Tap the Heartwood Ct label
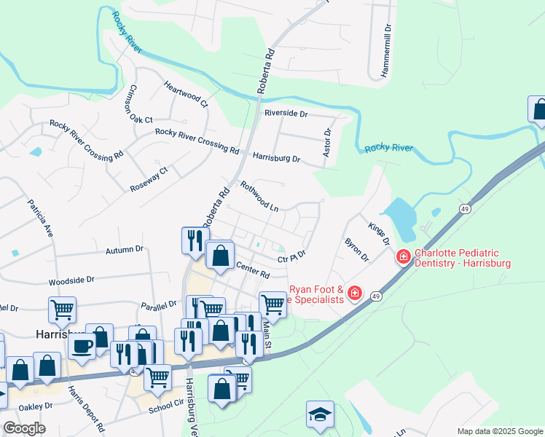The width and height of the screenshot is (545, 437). tap(186, 94)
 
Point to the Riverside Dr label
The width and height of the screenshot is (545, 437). tap(286, 114)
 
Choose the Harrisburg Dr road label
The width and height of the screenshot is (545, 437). tap(276, 157)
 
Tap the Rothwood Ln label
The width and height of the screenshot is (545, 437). tap(259, 196)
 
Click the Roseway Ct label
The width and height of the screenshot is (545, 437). tap(149, 178)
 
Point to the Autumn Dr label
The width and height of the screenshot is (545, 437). tap(125, 249)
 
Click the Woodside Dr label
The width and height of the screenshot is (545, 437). tap(71, 280)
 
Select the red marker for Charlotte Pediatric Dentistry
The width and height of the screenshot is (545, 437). tap(403, 257)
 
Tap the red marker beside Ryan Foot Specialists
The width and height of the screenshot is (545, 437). tap(354, 294)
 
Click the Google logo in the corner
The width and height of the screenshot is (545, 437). tap(25, 428)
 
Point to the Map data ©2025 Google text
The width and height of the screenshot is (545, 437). tap(499, 432)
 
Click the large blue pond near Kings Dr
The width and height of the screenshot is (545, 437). tap(399, 216)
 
